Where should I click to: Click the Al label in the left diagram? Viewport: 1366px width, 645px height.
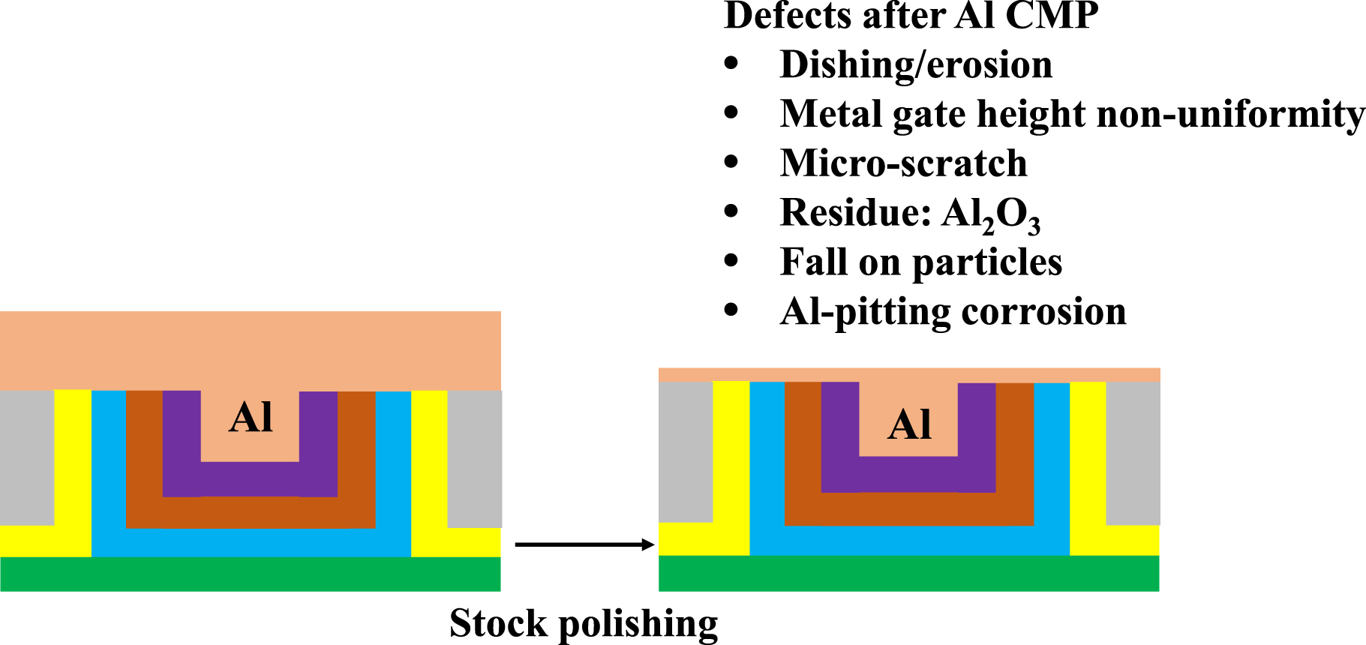(x=251, y=417)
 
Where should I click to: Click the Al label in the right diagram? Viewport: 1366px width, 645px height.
(x=909, y=424)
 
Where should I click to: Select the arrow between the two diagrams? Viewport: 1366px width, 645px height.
(x=584, y=544)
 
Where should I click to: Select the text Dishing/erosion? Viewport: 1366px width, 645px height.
(x=916, y=64)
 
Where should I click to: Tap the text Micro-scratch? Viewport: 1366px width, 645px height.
(x=903, y=163)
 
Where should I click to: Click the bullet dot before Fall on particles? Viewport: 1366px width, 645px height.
(x=731, y=262)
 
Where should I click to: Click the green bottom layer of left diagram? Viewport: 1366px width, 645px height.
(x=250, y=574)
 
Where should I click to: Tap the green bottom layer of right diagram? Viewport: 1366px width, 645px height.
(x=908, y=574)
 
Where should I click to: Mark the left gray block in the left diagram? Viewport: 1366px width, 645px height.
(x=27, y=457)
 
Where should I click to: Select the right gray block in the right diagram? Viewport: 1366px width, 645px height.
(x=1133, y=453)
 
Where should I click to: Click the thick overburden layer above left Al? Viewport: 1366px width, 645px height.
(x=250, y=349)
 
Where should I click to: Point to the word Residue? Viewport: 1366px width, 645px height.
(x=854, y=212)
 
